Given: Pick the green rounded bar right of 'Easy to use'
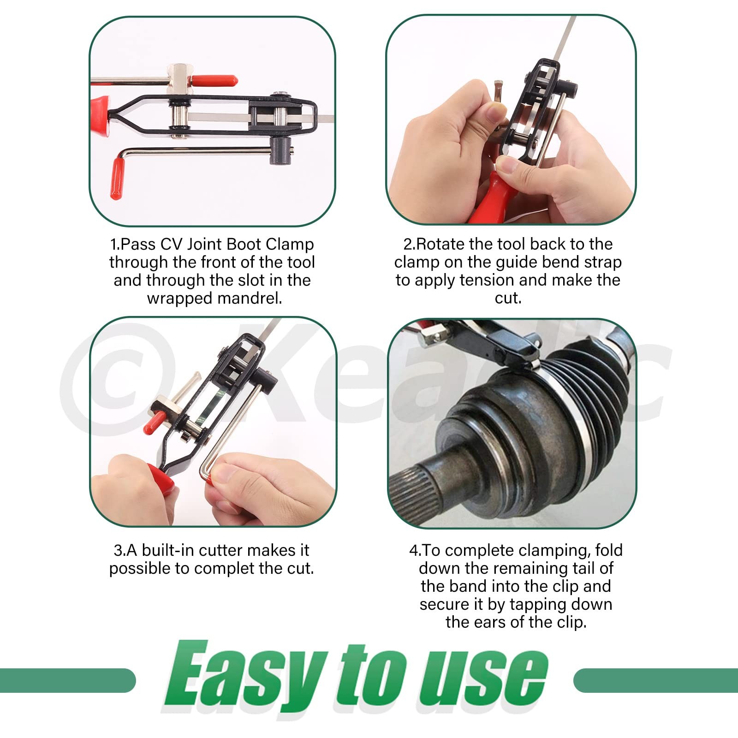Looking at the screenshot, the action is coord(655,680).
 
